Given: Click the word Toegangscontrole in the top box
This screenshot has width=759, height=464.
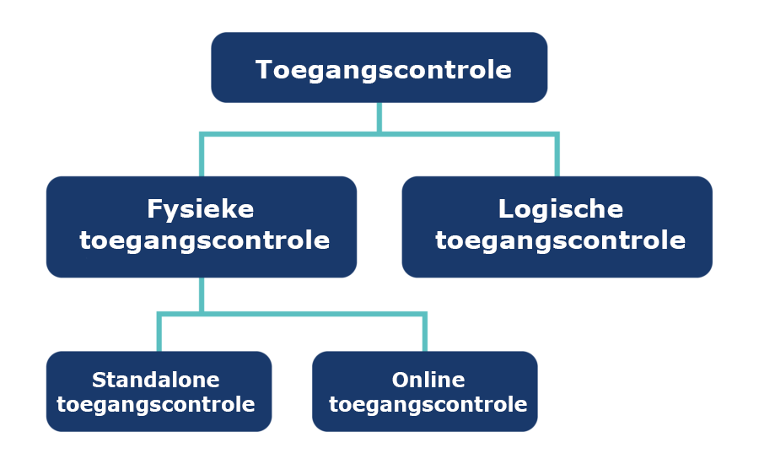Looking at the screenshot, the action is [x=384, y=71].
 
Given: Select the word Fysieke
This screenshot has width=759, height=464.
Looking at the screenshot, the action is [x=201, y=210].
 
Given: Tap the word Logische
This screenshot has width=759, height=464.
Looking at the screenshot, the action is [x=561, y=210].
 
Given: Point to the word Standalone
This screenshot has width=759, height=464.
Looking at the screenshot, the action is [x=156, y=380].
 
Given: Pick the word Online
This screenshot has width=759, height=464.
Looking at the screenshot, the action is [x=428, y=380].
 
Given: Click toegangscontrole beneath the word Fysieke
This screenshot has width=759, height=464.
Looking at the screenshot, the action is [x=205, y=241].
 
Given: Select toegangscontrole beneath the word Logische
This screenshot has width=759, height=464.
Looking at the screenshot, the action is [x=561, y=241].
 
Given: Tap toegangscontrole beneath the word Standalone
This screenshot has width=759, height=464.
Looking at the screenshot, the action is [x=156, y=404].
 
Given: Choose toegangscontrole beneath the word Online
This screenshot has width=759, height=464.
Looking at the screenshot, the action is [x=428, y=404].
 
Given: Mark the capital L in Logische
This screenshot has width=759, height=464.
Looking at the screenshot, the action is [x=506, y=208].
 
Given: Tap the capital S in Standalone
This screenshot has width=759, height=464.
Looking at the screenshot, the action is [x=100, y=380].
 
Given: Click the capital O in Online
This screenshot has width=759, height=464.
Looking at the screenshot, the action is [x=401, y=380].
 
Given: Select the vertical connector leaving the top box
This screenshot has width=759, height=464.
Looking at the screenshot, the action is [x=379, y=117].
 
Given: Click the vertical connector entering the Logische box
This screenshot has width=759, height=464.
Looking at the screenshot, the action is [x=557, y=155].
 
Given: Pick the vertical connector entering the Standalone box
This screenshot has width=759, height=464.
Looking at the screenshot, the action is [x=159, y=333].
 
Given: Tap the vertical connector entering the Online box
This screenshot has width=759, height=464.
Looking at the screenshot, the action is [x=425, y=333].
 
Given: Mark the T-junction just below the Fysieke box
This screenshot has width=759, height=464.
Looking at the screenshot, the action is [x=202, y=315].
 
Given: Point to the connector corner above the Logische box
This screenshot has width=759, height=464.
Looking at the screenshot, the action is [x=557, y=134].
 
